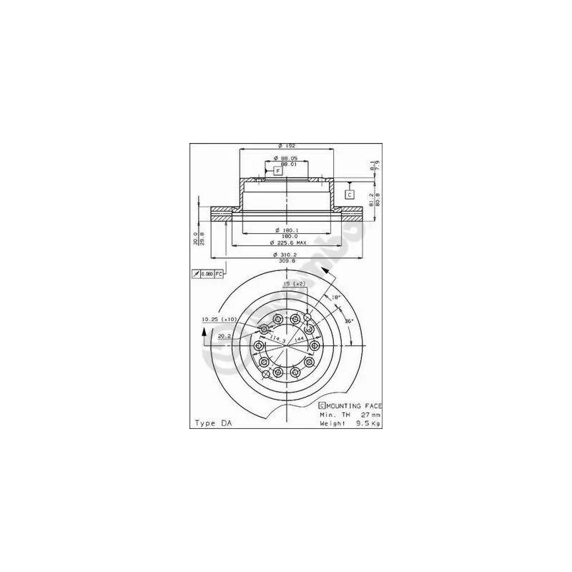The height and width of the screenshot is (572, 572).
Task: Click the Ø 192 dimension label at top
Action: (286, 146)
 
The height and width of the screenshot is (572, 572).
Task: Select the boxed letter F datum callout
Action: (278, 170)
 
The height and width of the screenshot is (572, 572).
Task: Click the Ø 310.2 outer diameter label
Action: (286, 255)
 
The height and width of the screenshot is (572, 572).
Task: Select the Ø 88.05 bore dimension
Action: (286, 158)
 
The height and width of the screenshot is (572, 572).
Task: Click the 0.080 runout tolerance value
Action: (207, 274)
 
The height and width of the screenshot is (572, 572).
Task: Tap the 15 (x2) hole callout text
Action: (295, 285)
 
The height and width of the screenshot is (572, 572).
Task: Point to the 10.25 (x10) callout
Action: (219, 319)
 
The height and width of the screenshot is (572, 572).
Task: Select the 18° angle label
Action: (335, 296)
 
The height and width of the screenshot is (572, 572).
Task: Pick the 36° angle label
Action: (350, 321)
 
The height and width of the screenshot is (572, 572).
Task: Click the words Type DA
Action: (213, 423)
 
